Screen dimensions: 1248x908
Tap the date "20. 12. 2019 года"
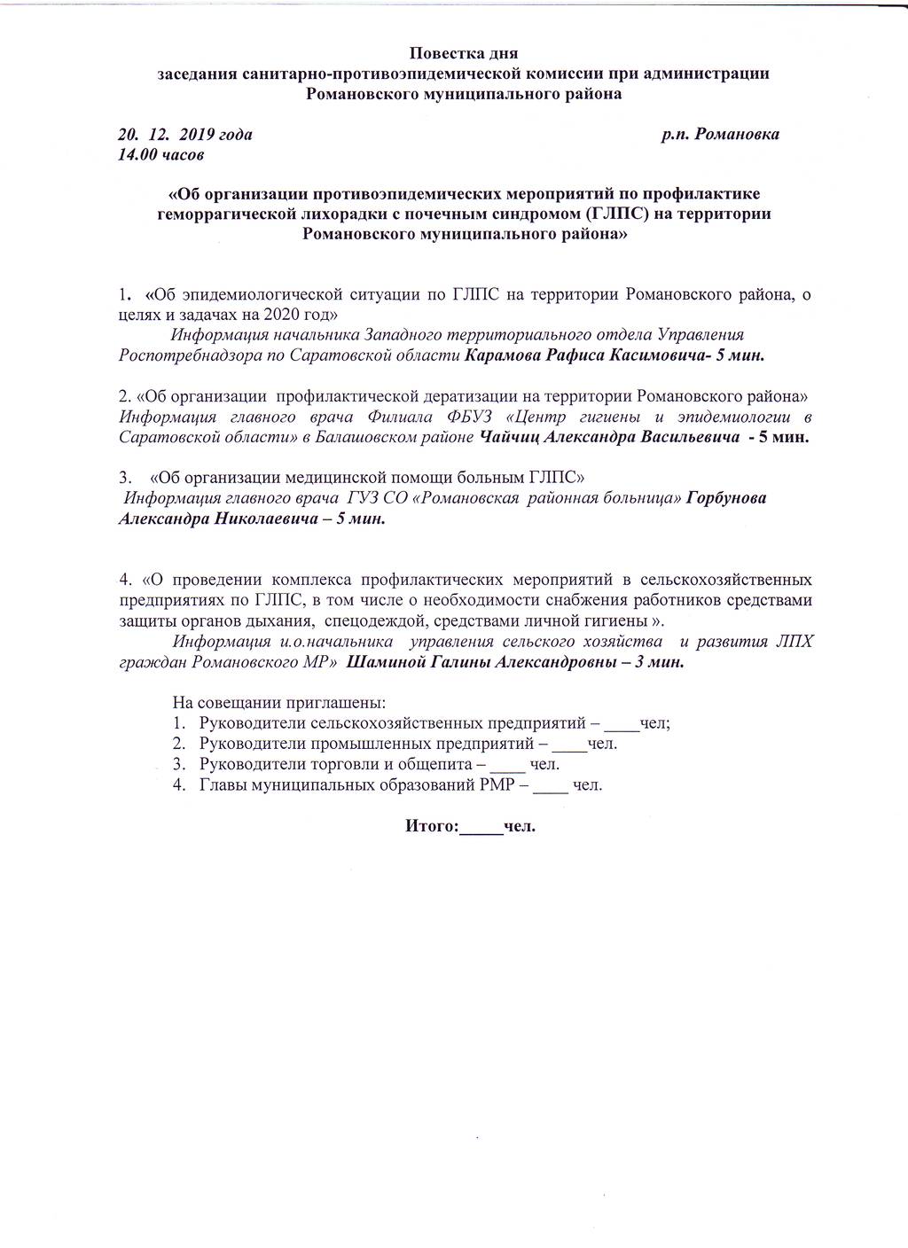[x=184, y=135]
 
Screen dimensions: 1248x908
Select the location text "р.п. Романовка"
[x=720, y=135]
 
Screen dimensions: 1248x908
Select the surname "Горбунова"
[x=726, y=498]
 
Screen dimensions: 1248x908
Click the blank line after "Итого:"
[x=481, y=830]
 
